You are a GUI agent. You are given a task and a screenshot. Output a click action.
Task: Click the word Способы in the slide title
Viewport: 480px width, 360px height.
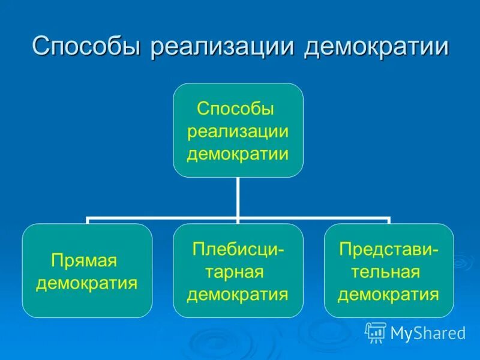[x=86, y=47]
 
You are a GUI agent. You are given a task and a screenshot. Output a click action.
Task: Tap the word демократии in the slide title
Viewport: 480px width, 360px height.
[x=376, y=47]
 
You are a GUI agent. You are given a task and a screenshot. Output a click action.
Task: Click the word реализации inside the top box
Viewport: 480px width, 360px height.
[x=238, y=131]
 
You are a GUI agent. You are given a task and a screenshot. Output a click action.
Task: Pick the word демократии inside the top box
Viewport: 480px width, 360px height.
[x=238, y=154]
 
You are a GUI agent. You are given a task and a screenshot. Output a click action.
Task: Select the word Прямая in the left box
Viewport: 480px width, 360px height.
[x=83, y=261]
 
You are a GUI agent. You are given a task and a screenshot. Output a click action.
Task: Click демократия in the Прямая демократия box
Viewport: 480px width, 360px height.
[x=87, y=283]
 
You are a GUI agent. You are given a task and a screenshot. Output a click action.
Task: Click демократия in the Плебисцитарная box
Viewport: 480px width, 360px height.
[x=238, y=294]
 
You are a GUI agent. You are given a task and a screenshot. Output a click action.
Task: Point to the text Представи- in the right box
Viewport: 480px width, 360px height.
[x=389, y=250]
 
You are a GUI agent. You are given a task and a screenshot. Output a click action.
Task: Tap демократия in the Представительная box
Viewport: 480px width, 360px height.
[x=389, y=294]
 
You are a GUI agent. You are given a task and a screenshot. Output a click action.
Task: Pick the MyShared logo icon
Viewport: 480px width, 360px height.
[x=376, y=332]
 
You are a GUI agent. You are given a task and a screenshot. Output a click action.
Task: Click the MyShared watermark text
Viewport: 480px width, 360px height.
[x=428, y=332]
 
